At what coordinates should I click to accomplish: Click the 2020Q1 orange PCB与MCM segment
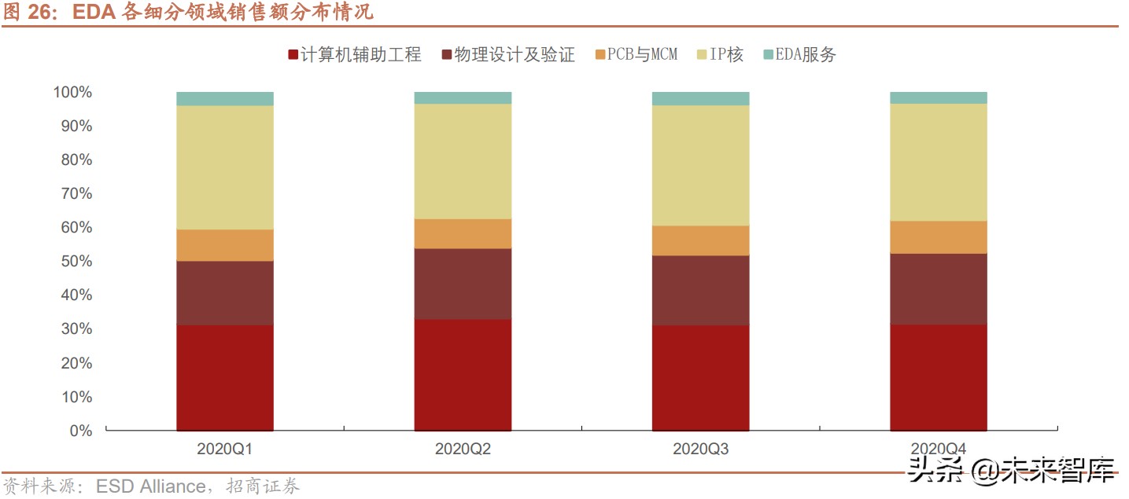click(x=225, y=245)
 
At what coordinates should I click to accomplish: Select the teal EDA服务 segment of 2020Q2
click(x=463, y=97)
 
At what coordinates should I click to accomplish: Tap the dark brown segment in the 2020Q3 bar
click(x=700, y=290)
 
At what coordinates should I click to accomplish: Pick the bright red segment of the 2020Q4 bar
click(x=939, y=377)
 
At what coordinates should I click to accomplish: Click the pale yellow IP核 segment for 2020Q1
click(x=225, y=167)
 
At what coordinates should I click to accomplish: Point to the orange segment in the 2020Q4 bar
click(x=939, y=237)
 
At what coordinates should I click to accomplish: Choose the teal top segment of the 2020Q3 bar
click(x=700, y=98)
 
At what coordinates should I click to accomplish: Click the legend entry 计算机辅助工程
click(x=355, y=55)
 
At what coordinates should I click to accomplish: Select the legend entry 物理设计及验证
click(x=508, y=55)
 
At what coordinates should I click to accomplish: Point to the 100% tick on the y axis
click(x=72, y=93)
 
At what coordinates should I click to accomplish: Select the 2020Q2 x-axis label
click(x=463, y=449)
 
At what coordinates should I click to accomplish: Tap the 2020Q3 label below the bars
click(x=700, y=449)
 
